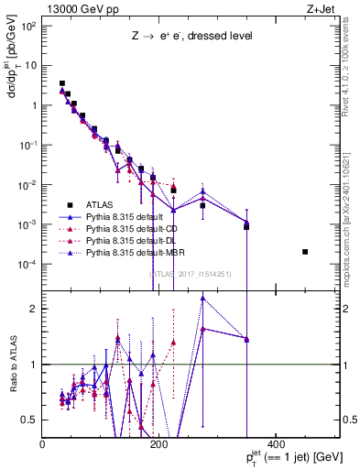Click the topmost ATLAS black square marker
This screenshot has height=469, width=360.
click(62, 83)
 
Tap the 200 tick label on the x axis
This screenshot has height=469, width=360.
click(159, 445)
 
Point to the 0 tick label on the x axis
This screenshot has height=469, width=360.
click(43, 445)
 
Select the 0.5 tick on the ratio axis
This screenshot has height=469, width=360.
click(31, 420)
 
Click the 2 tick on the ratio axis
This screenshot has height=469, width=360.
click(35, 309)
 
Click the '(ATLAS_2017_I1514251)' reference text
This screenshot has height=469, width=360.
click(191, 272)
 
